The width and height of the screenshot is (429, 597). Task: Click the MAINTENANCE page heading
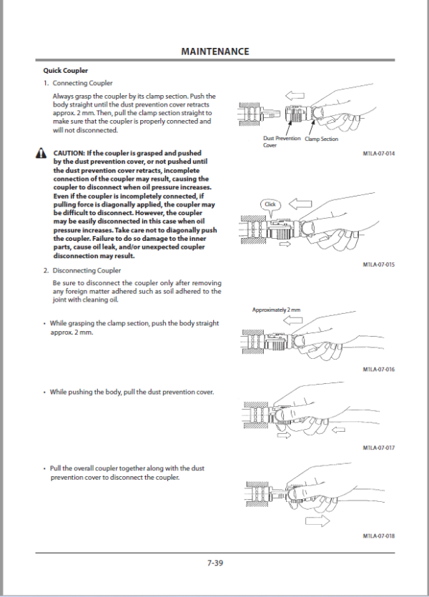(x=214, y=51)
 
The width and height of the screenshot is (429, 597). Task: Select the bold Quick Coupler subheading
(x=66, y=71)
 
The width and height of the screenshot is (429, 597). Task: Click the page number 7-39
(x=214, y=563)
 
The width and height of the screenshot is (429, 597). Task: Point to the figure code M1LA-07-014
(x=379, y=153)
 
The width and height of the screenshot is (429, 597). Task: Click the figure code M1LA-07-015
(x=379, y=265)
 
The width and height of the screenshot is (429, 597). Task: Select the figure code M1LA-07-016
(x=379, y=369)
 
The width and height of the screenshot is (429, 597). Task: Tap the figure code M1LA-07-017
(x=379, y=448)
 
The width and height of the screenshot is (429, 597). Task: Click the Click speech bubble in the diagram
(x=270, y=204)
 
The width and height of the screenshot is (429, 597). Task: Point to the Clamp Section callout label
(x=321, y=139)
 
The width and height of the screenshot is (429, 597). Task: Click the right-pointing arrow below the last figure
(x=322, y=520)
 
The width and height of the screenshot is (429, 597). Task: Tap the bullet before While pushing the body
(x=45, y=392)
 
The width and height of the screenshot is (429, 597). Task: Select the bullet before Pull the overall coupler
(x=45, y=468)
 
